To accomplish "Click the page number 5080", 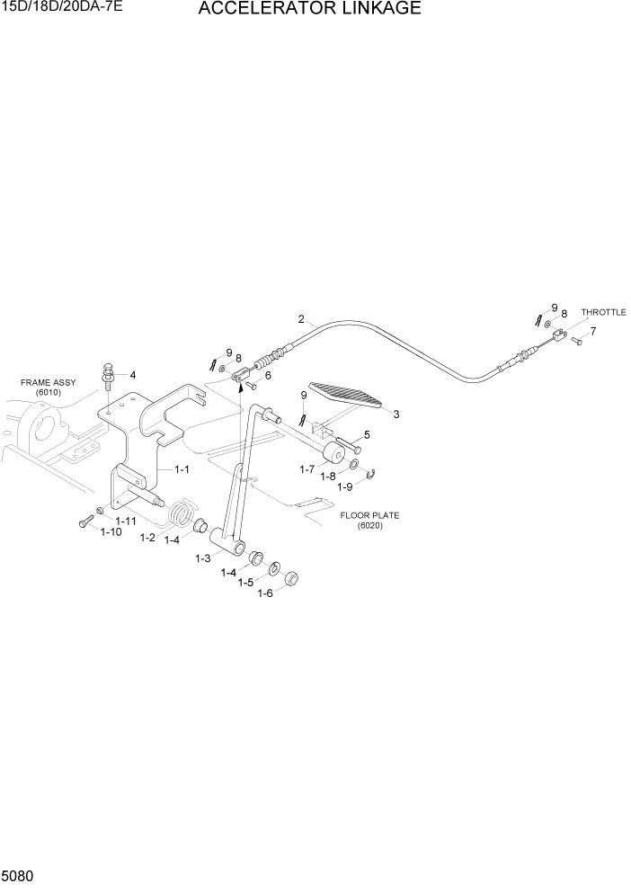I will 19,875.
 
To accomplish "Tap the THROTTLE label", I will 603,312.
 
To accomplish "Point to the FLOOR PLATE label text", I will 369,515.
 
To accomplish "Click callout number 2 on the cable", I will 301,318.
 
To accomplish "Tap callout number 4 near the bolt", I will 133,375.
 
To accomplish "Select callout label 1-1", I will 181,468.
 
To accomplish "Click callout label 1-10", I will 111,532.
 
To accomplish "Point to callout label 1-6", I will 264,593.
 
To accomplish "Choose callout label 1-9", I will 345,486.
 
